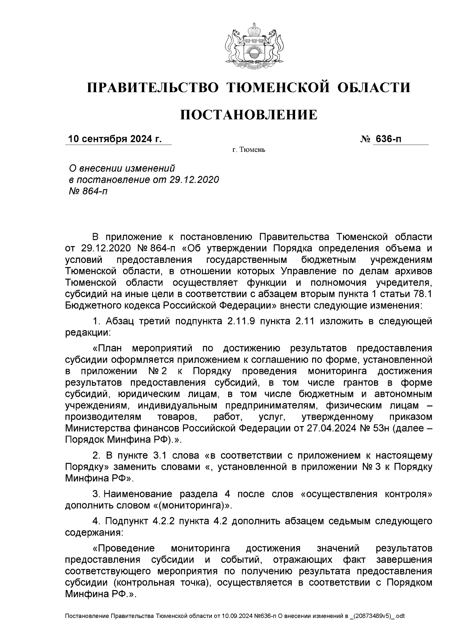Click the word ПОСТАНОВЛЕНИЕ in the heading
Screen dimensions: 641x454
click(x=249, y=114)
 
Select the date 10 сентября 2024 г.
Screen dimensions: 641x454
click(x=115, y=139)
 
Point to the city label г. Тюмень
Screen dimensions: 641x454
click(x=249, y=150)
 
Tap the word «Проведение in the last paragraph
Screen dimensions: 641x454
click(x=124, y=548)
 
